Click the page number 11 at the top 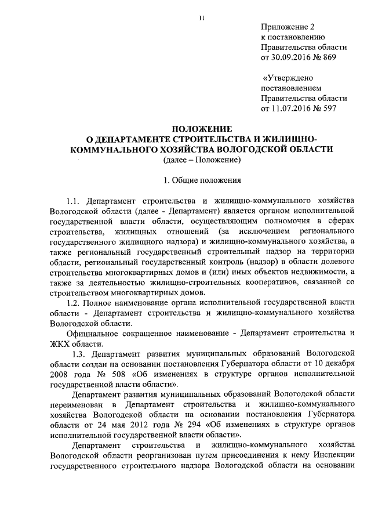[x=201, y=19]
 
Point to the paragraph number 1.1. [x=74, y=200]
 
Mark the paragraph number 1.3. [x=79, y=353]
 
